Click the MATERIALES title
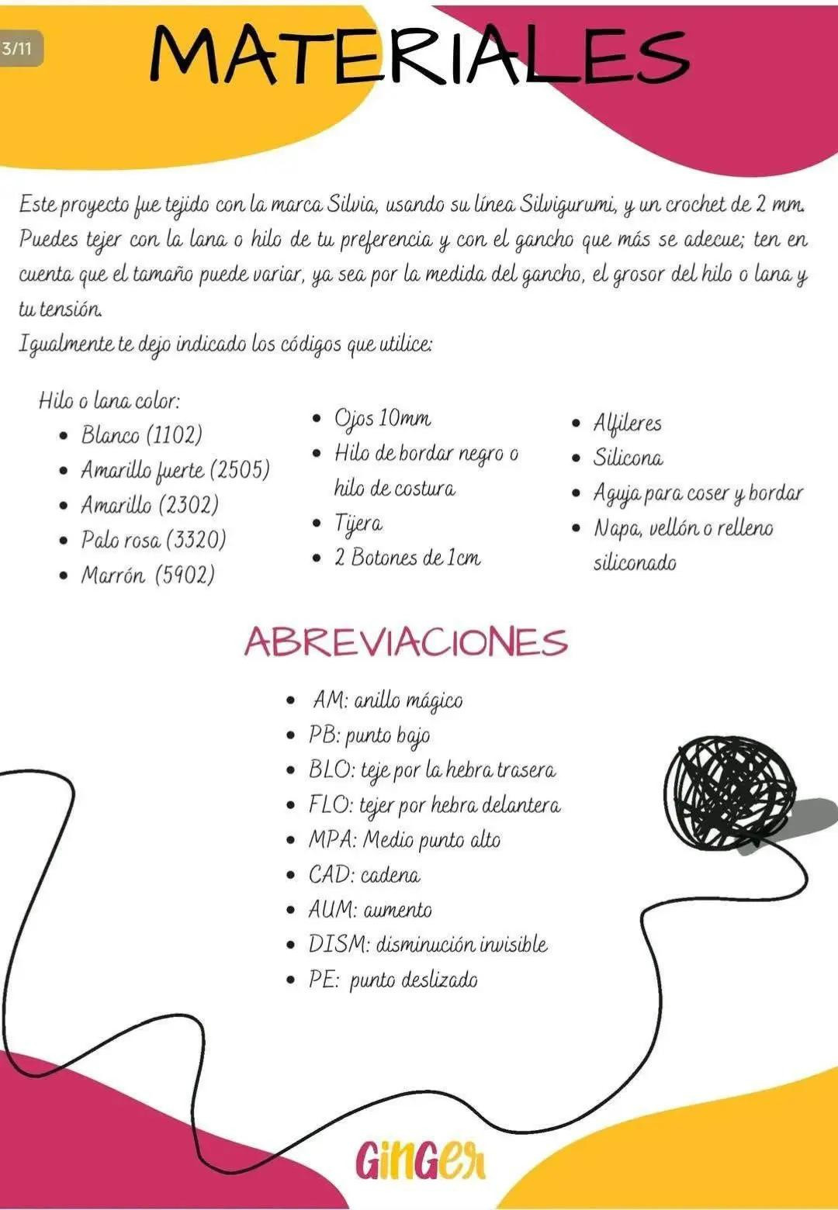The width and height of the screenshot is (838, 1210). pos(419,54)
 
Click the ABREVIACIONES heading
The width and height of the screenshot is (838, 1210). pos(406,642)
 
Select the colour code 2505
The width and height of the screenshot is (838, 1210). pos(240,470)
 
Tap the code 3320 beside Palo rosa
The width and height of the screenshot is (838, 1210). pos(196,539)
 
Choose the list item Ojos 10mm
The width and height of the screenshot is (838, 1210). pos(382,418)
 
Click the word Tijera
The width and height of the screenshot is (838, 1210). pos(358,524)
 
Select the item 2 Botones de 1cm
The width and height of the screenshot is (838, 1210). pos(407,558)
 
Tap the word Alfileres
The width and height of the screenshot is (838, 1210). pos(627,423)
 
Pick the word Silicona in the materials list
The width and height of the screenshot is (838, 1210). pos(628,458)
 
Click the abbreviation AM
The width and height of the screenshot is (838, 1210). pos(328,700)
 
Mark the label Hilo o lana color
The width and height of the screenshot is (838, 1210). pos(109,400)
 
